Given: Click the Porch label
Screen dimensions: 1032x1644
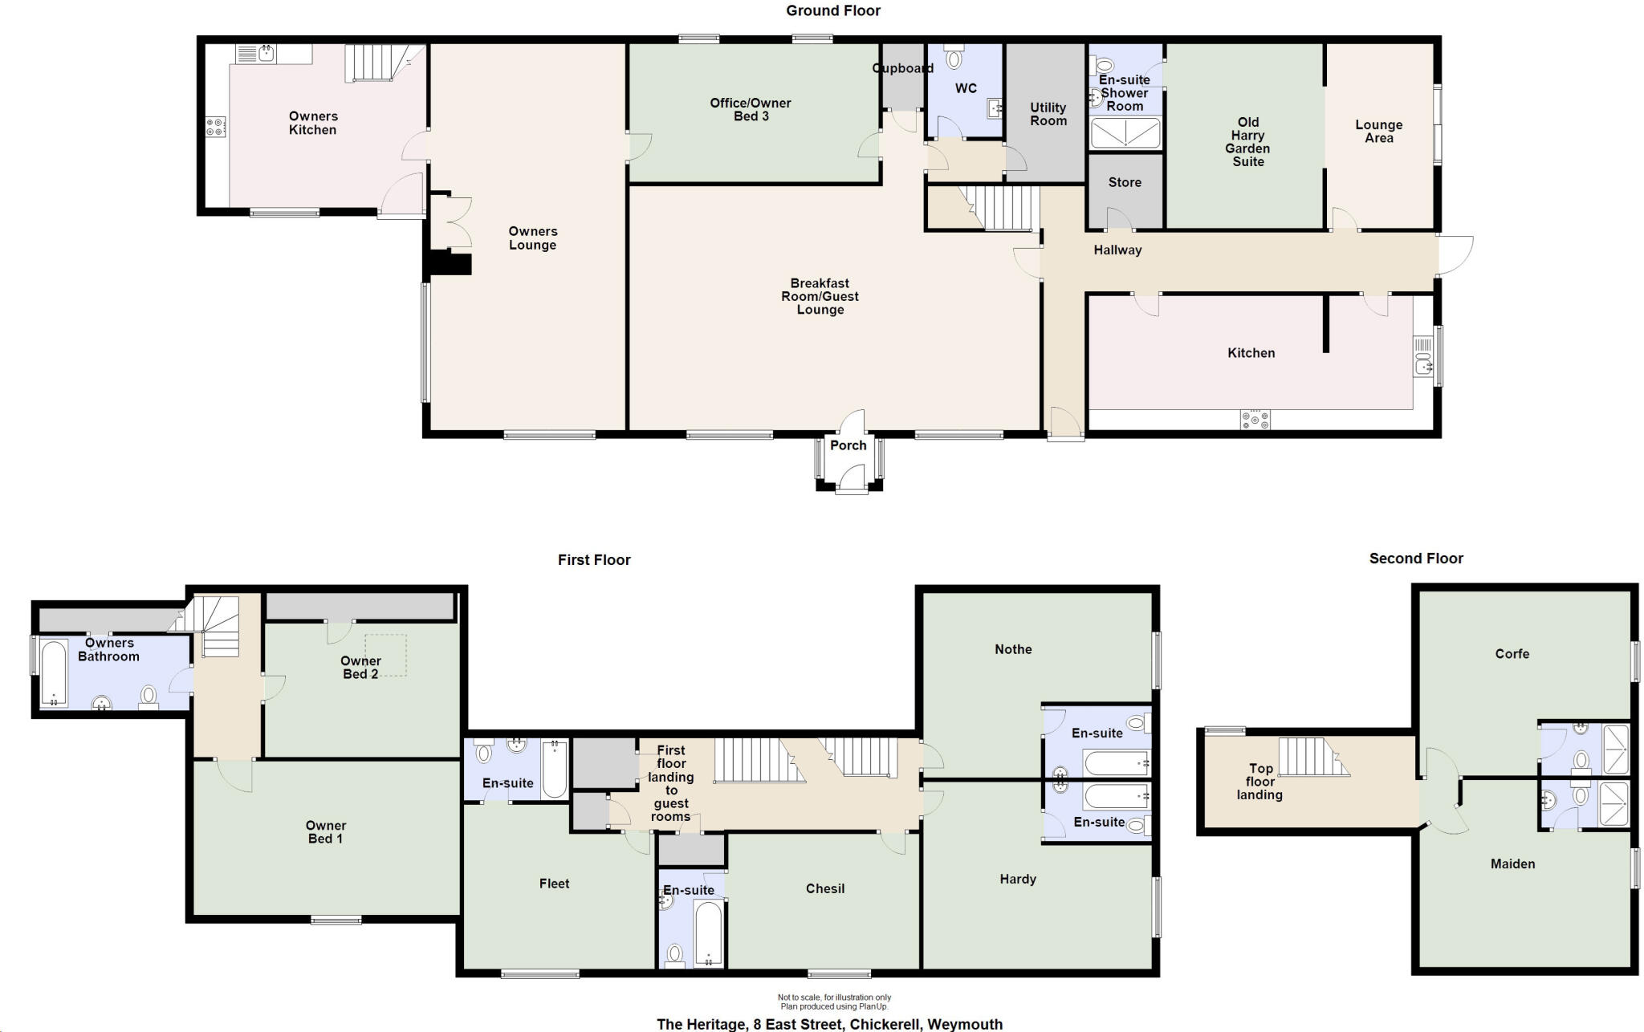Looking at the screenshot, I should tap(848, 445).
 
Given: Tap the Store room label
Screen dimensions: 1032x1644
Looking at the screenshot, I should tap(1125, 183).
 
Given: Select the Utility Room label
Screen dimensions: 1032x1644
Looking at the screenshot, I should tap(1048, 114).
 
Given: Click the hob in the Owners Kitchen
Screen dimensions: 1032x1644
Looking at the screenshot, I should tap(215, 127).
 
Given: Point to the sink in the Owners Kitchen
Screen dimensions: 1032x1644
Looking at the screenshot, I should tap(265, 54).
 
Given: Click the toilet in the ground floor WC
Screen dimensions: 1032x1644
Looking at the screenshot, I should tap(954, 58).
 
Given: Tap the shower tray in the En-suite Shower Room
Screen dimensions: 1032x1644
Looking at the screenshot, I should tap(1125, 132).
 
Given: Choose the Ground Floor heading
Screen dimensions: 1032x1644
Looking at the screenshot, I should tap(832, 10).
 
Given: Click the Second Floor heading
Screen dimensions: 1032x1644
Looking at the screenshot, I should tap(1416, 559).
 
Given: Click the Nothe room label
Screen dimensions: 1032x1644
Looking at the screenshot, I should tap(1013, 649).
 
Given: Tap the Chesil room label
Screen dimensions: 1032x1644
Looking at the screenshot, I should tap(825, 888).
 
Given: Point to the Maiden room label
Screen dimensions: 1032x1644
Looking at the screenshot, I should tap(1512, 864).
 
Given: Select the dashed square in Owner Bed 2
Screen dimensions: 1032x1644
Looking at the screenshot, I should tap(386, 656).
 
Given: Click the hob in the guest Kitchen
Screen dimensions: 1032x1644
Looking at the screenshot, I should tap(1255, 420).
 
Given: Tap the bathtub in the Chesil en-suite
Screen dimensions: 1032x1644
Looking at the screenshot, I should tap(708, 934).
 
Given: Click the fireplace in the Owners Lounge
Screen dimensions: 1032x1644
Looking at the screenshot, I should tap(450, 262).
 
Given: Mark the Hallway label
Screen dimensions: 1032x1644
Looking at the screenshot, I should tap(1117, 250).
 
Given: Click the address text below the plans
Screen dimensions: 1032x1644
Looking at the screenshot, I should tap(829, 1024).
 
